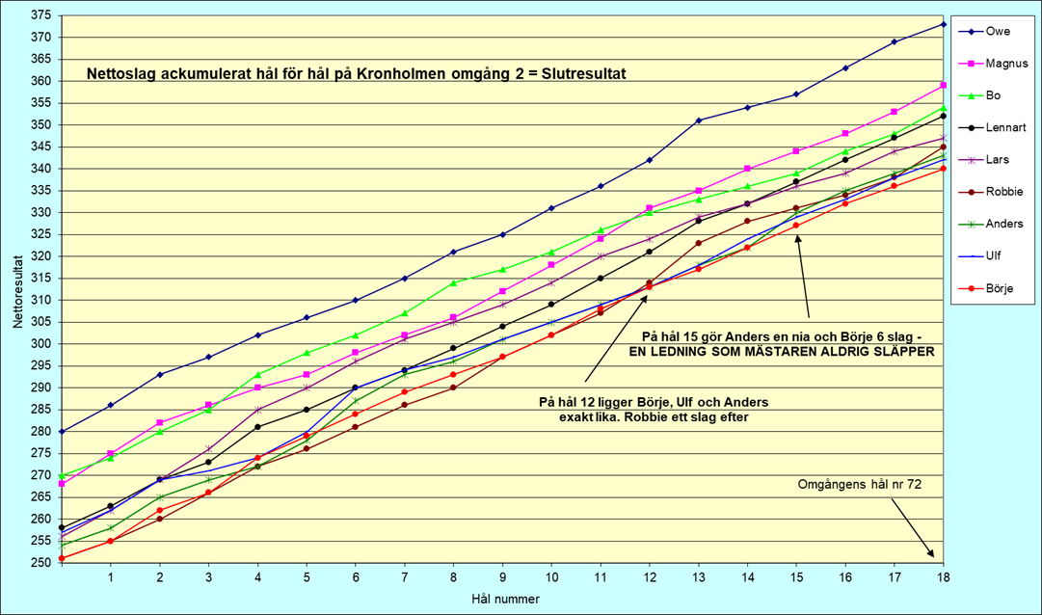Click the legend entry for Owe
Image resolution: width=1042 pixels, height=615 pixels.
(997, 31)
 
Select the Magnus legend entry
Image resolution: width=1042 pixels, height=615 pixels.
(1005, 64)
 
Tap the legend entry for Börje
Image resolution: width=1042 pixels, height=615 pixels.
(999, 288)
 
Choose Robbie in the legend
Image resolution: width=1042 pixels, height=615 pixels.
(1002, 192)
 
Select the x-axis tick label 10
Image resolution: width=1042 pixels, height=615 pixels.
(551, 578)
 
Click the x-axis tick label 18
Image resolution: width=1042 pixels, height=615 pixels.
(943, 578)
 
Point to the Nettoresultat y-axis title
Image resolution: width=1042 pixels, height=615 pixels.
(16, 289)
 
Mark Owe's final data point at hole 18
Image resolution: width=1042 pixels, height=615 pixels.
(943, 24)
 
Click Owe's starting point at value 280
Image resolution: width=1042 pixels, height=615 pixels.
(63, 431)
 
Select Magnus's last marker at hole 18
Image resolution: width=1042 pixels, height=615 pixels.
(943, 86)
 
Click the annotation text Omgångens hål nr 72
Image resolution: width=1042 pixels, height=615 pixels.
(860, 485)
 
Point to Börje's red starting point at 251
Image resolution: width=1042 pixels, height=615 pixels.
(63, 558)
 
